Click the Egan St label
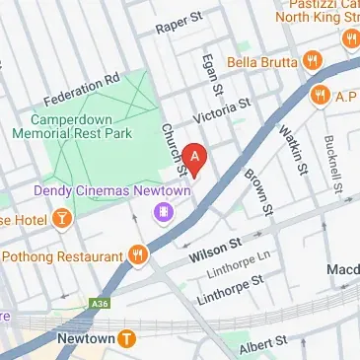(x=207, y=70)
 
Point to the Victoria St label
(x=223, y=108)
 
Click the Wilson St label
(x=215, y=252)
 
